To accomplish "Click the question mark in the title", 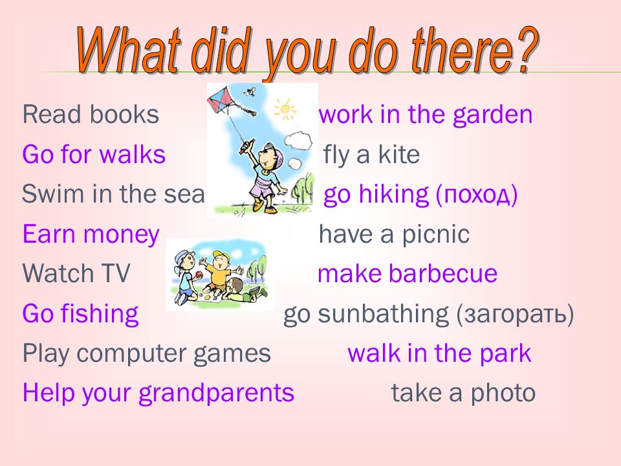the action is point(525,50).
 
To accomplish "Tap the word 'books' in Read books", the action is point(124,115).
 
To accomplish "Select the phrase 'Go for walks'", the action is point(94,154).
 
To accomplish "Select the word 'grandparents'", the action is point(216,394).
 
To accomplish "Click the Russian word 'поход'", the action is point(477,195).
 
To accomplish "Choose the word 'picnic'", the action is point(435,234).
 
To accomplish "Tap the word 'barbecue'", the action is point(442,273).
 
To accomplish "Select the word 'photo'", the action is point(503,394).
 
